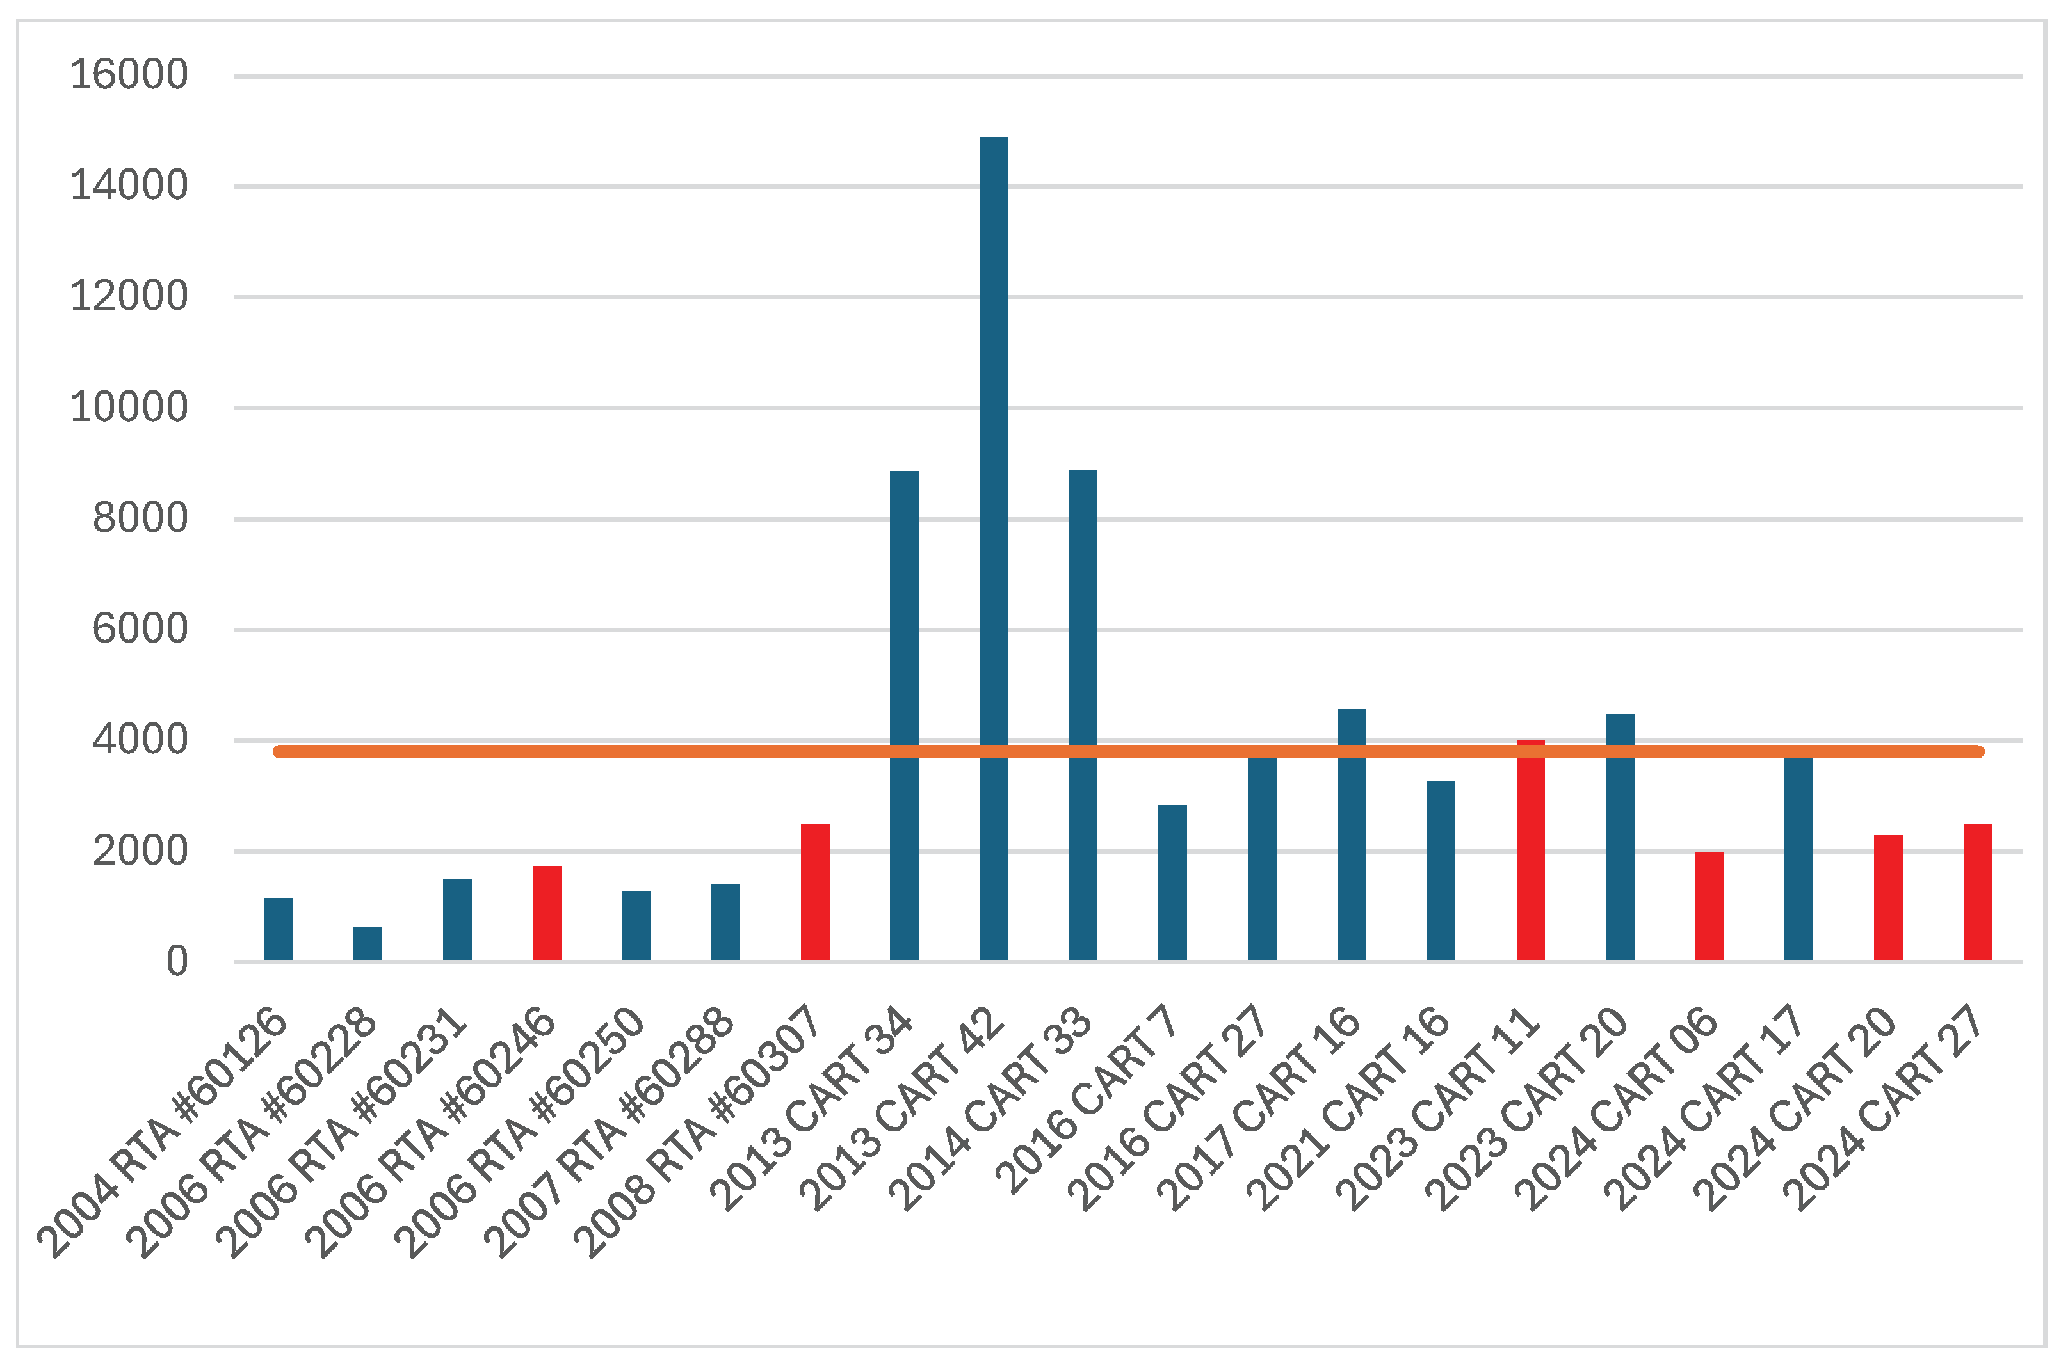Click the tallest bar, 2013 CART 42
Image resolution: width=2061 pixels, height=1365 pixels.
pos(994,548)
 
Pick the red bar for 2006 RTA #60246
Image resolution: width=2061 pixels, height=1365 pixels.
pos(547,913)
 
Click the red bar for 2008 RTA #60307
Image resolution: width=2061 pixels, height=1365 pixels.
pos(815,892)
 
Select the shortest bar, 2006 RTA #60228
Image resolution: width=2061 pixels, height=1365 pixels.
pos(368,944)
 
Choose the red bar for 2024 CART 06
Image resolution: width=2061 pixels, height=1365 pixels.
pos(1709,906)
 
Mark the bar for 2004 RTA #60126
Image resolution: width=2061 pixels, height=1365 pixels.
pos(279,930)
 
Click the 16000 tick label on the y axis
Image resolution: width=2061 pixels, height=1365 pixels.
pos(128,75)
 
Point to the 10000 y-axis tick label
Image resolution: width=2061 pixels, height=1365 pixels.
pos(128,408)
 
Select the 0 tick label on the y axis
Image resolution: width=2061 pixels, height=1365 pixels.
pos(177,962)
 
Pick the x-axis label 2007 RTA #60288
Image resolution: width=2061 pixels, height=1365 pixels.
pos(610,1131)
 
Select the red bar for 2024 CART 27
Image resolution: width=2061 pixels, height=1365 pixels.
pos(1977,892)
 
